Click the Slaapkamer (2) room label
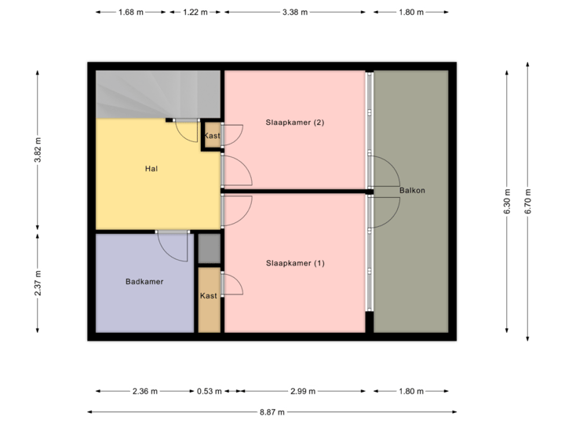click(x=294, y=122)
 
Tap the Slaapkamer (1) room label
click(x=294, y=263)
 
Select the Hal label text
click(x=151, y=169)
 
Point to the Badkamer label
click(x=144, y=281)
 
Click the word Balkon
click(x=412, y=191)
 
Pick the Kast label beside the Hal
click(x=212, y=136)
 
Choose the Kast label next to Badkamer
click(x=209, y=296)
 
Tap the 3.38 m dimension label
click(x=295, y=12)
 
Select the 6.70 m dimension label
click(x=528, y=200)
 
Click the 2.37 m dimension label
click(x=37, y=283)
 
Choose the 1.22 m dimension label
click(x=195, y=12)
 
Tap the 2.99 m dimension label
click(x=302, y=391)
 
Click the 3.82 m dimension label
click(x=37, y=150)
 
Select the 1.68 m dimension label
click(x=129, y=12)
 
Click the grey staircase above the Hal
click(x=157, y=93)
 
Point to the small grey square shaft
click(x=209, y=249)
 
